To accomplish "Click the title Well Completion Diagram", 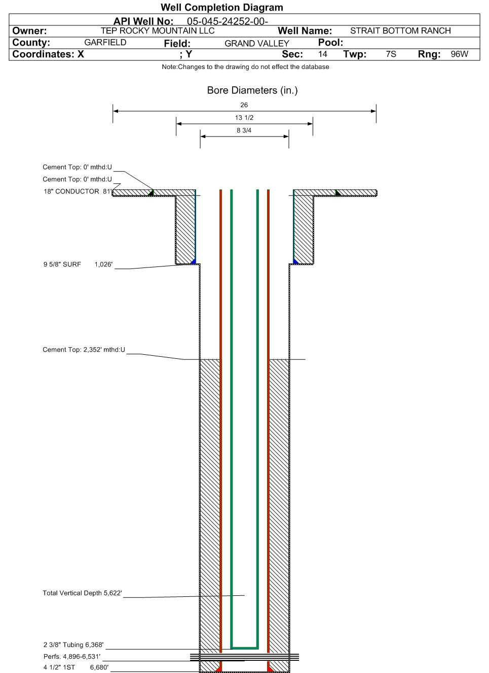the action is (x=222, y=7).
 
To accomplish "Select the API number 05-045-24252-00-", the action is (x=228, y=21).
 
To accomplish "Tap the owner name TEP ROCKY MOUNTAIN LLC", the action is (x=158, y=30).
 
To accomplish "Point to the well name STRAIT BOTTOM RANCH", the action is (x=400, y=30).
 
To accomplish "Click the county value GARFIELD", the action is (x=105, y=42).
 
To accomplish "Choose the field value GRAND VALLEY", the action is (x=257, y=44).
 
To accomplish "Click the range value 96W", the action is (x=459, y=54).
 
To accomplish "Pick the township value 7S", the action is (x=391, y=54).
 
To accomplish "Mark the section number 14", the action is (x=322, y=54).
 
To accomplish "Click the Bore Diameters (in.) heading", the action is (x=252, y=90).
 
